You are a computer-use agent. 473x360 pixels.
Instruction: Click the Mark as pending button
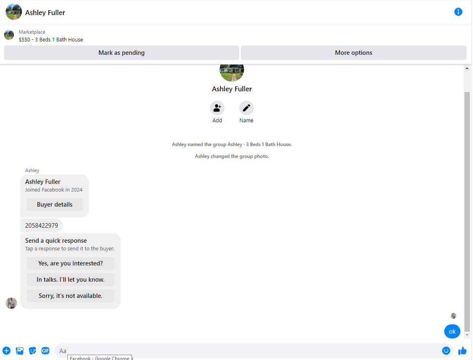click(x=121, y=53)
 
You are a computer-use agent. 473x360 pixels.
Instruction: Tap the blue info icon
click(x=458, y=12)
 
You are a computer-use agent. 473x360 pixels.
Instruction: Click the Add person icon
click(x=217, y=108)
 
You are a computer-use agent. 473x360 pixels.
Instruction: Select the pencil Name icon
click(x=246, y=108)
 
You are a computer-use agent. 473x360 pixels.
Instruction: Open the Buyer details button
click(x=54, y=205)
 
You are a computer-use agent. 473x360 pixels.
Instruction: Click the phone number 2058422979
click(x=42, y=226)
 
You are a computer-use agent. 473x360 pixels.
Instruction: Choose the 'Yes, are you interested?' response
click(x=70, y=263)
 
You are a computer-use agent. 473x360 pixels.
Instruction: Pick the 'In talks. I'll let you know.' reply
click(x=70, y=280)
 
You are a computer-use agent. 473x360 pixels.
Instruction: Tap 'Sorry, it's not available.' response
click(x=70, y=296)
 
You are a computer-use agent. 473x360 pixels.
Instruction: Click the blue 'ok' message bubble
click(x=452, y=332)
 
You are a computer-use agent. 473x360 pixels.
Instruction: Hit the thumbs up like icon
click(x=462, y=351)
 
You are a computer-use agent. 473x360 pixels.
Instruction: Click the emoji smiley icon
click(x=446, y=351)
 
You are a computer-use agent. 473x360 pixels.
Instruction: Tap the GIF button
click(x=45, y=351)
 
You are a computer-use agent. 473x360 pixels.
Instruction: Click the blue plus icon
click(x=6, y=351)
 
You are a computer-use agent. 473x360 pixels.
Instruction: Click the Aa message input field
click(x=247, y=351)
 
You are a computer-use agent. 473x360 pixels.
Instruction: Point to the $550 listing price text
click(x=24, y=39)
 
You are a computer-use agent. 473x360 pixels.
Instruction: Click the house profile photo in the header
click(x=14, y=12)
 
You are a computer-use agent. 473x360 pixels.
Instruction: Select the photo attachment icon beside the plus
click(x=19, y=351)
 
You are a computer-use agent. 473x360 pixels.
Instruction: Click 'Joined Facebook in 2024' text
click(x=54, y=190)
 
